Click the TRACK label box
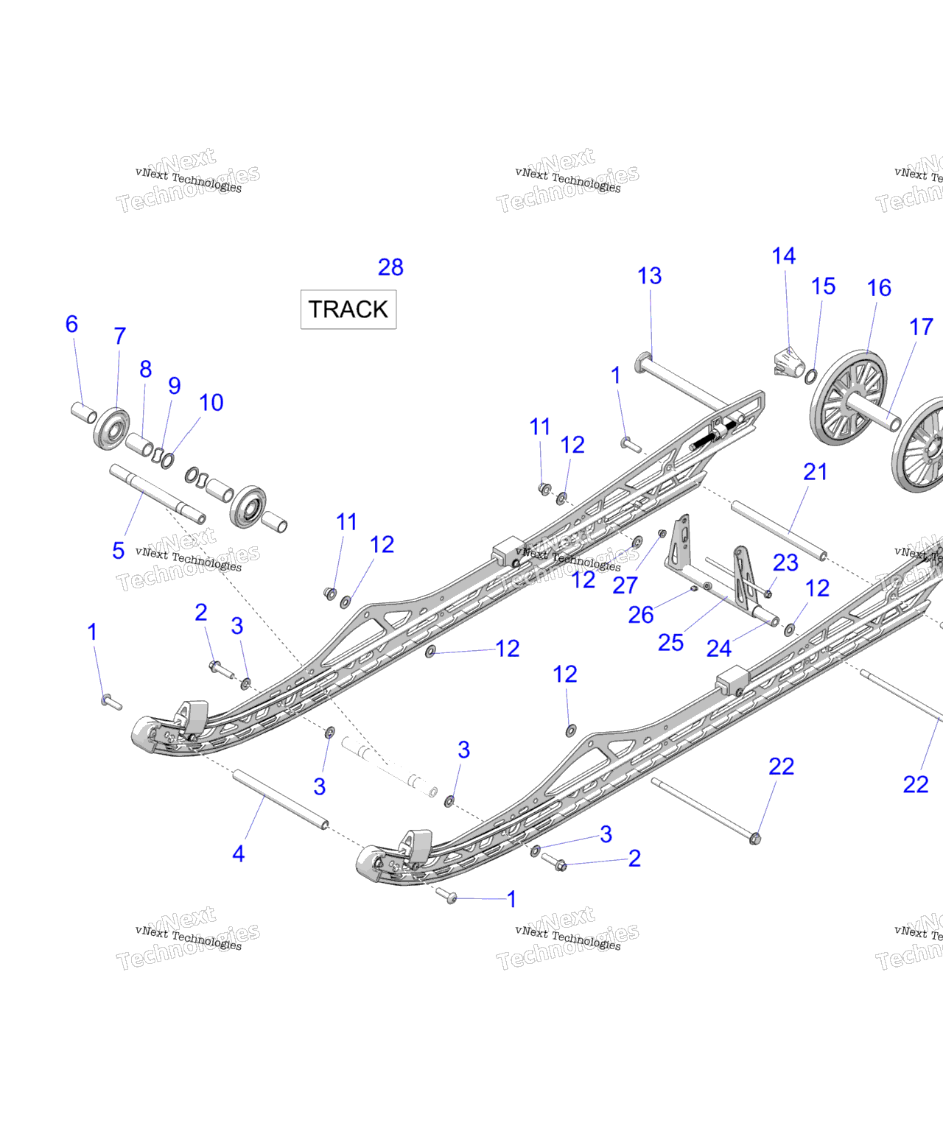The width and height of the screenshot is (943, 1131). tap(348, 309)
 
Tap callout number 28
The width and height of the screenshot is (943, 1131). tap(390, 267)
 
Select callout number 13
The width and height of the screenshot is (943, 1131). tap(649, 276)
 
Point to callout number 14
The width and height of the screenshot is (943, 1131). tap(783, 256)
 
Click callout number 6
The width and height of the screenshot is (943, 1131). tap(71, 324)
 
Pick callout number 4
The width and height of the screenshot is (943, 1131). tap(238, 854)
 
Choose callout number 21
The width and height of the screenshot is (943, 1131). tap(815, 472)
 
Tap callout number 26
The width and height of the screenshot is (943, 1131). tap(640, 615)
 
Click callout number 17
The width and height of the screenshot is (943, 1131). tap(921, 327)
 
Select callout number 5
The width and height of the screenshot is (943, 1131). tap(118, 550)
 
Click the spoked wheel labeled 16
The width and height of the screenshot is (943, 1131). tap(847, 398)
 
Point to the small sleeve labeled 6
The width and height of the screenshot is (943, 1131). tap(83, 412)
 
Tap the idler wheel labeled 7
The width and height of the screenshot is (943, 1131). tap(112, 428)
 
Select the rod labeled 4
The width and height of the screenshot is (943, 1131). tap(280, 799)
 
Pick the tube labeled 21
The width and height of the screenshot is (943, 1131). tap(779, 529)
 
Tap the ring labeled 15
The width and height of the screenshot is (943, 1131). tap(810, 377)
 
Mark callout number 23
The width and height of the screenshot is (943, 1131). tap(785, 563)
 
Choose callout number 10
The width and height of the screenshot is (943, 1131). tap(211, 403)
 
